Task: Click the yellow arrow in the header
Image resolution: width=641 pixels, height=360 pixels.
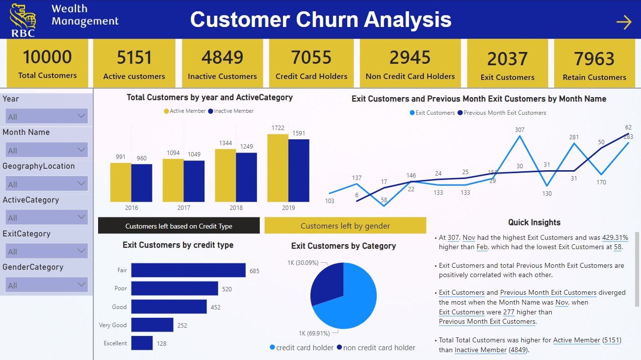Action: [623, 22]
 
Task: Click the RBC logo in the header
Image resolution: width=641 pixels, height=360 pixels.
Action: [23, 20]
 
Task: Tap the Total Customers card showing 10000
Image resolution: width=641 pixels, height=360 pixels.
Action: [48, 63]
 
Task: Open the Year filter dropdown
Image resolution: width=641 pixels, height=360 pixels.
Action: [47, 117]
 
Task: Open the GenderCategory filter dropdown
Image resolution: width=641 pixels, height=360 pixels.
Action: [47, 285]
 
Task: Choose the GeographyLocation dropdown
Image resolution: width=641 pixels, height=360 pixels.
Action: [47, 184]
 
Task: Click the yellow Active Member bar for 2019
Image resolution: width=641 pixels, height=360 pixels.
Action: [278, 168]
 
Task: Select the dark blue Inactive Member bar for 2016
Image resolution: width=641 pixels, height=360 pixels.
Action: [142, 182]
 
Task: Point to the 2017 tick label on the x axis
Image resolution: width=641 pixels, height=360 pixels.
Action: [183, 208]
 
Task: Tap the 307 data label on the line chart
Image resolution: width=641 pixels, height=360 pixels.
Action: [519, 130]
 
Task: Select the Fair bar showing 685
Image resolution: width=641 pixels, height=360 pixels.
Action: [188, 270]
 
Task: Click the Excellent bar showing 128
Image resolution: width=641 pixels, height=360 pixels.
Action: [142, 343]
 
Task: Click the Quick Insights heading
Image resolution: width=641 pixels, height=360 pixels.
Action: [534, 222]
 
